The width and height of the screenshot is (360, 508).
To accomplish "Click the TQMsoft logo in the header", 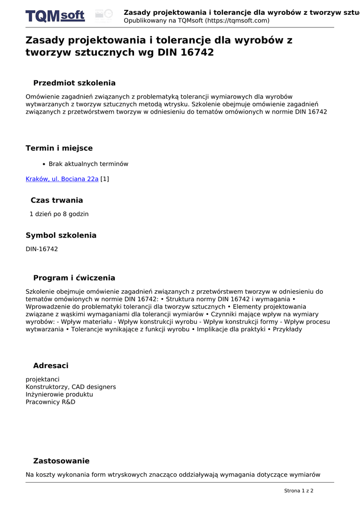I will coord(55,16).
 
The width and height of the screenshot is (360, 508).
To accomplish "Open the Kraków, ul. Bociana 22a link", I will coord(62,179).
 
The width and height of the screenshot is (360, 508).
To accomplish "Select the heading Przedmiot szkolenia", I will coord(74,83).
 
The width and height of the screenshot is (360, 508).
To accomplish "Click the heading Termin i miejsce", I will coord(59,148).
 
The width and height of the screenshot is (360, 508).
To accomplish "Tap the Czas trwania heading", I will coord(57,200).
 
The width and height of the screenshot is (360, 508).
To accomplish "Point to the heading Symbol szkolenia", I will coord(61,236).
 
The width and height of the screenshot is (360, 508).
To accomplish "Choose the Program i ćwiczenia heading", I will coord(74,278).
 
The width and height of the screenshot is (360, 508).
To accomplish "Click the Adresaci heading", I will coord(51,366).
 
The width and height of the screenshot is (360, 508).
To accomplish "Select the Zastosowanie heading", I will coord(61,461).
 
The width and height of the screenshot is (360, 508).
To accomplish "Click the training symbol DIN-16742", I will coord(42,249).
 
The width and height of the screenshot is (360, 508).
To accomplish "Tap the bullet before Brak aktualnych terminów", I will coord(44,164).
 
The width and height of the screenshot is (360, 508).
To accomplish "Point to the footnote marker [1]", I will coord(105,179).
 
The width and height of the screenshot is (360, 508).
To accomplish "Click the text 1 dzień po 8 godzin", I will coord(59,214).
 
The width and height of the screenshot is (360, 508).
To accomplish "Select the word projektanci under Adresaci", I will coord(43,380).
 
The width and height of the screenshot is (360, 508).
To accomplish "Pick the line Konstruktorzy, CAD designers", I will coord(71,387).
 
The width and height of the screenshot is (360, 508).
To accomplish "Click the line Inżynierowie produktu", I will coord(59,394).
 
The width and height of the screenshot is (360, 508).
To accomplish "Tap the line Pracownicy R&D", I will coord(51,402).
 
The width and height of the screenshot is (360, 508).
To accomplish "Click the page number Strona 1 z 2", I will coord(298,491).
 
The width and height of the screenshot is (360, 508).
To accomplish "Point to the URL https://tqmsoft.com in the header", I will coord(237,21).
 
